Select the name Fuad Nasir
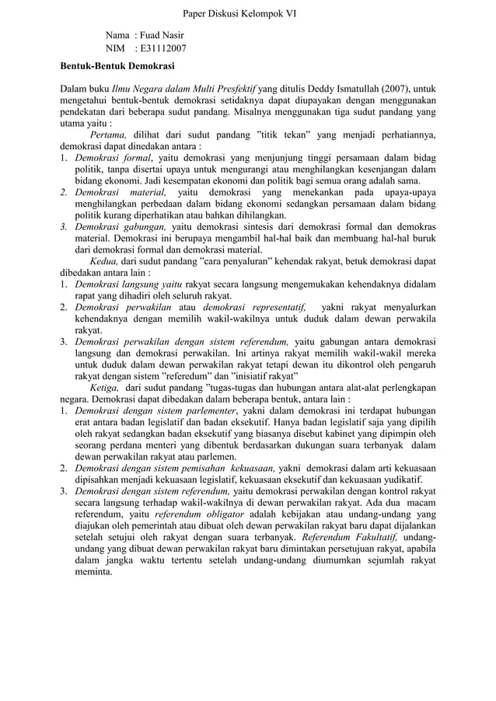pos(166,36)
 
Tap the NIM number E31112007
pos(166,49)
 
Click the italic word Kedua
pos(103,262)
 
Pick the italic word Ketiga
pos(105,388)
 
